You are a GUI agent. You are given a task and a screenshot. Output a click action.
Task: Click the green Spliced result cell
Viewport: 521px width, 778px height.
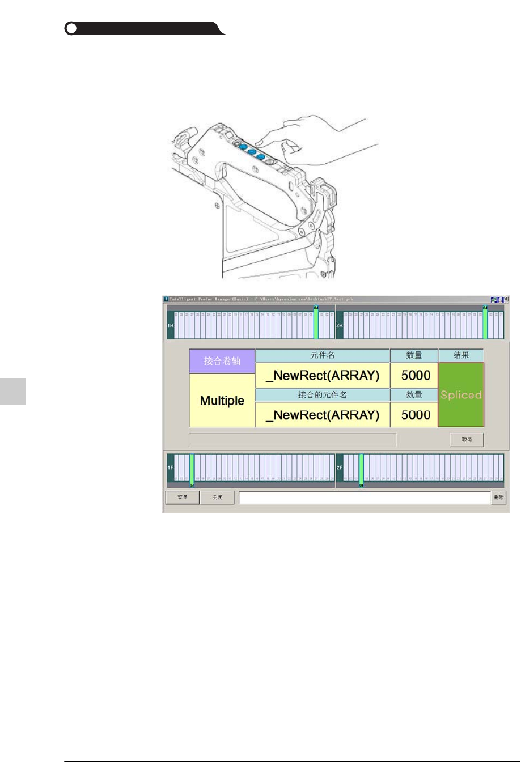[461, 394]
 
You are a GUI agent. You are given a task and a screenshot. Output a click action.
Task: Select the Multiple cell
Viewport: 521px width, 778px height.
[222, 401]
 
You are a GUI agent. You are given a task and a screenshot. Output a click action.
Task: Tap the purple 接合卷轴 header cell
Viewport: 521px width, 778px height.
[222, 361]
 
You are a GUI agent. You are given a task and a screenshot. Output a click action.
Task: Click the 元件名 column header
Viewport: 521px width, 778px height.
[322, 355]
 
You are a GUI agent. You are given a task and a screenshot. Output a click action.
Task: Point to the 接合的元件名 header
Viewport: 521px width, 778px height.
[322, 394]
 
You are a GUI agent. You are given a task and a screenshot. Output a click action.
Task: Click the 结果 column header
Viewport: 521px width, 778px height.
[461, 355]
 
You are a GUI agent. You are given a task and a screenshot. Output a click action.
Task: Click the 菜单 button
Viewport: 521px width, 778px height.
[183, 498]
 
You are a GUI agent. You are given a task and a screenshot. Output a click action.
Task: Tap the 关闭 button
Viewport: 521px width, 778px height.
[217, 498]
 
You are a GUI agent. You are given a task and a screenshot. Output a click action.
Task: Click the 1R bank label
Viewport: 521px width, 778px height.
[170, 325]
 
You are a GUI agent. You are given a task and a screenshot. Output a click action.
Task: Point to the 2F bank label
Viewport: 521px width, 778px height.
[340, 468]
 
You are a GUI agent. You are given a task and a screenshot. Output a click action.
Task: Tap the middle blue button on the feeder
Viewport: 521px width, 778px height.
[252, 152]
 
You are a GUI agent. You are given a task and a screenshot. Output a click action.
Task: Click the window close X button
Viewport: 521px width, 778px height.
[506, 299]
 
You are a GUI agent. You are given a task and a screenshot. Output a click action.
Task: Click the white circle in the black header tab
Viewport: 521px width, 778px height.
[71, 28]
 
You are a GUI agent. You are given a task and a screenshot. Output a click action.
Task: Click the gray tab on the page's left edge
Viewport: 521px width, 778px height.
[13, 391]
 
